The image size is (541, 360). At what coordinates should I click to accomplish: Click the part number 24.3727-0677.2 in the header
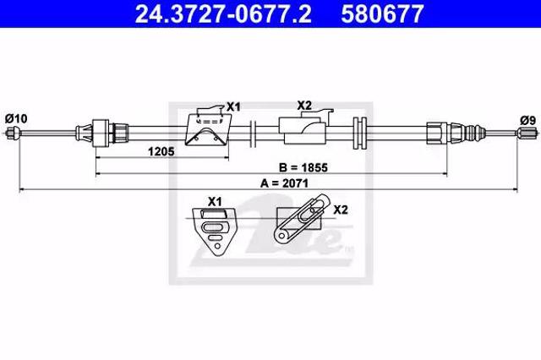tap(223, 14)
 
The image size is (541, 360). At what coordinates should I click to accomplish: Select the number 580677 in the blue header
tap(382, 14)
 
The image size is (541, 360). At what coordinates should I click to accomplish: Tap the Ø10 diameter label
tap(16, 118)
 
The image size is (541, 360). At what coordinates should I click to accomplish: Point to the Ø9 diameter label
tap(527, 120)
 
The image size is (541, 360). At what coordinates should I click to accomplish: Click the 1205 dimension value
tap(161, 151)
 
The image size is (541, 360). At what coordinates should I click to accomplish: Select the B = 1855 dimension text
tap(303, 167)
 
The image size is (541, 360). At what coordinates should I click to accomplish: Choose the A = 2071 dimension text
tap(284, 183)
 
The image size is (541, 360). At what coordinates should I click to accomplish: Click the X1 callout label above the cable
tap(233, 106)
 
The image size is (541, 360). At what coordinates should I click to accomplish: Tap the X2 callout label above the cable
tap(304, 105)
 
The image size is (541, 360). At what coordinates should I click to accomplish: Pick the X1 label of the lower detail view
tap(215, 201)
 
